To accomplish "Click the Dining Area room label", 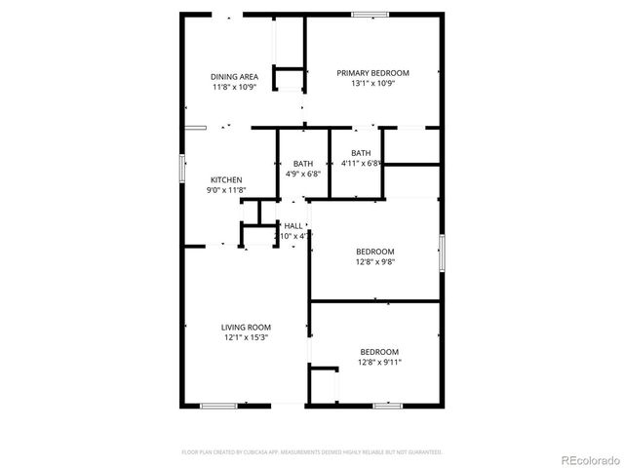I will [233, 76].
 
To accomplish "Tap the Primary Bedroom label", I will [372, 73].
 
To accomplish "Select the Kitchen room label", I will [227, 180].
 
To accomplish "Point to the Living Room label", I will [246, 328].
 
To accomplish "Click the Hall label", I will [293, 226].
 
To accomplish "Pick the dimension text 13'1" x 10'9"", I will [372, 84].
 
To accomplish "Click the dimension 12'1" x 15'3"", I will [246, 338].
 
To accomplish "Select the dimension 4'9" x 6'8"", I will [302, 174].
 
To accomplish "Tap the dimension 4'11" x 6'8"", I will [360, 163].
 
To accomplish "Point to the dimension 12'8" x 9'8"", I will [375, 261].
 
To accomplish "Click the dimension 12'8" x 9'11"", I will [380, 363].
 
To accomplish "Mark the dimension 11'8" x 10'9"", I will [233, 87].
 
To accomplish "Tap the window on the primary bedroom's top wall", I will [371, 14].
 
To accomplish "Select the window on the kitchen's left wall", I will [180, 167].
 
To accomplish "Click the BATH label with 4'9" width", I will [302, 163].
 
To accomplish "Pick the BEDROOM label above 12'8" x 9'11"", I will [379, 352].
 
